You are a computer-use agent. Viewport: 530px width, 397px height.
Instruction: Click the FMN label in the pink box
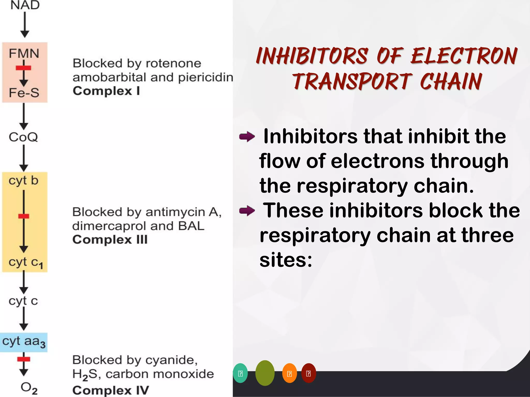point(24,54)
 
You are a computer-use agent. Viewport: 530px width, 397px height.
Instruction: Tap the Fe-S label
point(24,93)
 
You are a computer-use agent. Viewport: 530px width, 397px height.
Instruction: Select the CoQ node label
point(23,137)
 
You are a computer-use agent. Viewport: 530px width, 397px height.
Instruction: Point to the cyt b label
point(23,180)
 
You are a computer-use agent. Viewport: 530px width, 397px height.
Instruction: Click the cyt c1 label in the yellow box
point(25,262)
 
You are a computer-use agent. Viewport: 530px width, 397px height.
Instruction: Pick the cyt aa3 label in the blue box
point(24,341)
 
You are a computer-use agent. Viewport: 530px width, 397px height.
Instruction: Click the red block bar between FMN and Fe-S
point(23,68)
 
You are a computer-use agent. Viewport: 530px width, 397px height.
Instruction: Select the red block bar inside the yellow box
point(24,216)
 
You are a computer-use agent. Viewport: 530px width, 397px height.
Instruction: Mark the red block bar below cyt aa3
point(24,359)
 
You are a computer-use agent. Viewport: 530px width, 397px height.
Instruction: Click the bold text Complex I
point(106,91)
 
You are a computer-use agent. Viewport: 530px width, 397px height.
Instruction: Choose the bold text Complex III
point(110,239)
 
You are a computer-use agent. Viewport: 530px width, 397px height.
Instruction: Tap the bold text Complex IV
point(111,390)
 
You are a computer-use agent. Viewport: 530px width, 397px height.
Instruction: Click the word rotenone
point(173,63)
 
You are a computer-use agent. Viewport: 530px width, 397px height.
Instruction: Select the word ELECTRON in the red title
point(464,56)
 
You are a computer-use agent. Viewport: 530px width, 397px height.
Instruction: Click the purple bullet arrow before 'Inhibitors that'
point(247,136)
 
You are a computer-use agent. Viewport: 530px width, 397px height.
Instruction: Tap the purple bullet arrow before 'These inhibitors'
point(247,211)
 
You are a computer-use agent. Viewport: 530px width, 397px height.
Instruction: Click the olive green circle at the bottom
point(265,373)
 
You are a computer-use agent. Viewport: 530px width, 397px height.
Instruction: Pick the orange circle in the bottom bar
point(289,373)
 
